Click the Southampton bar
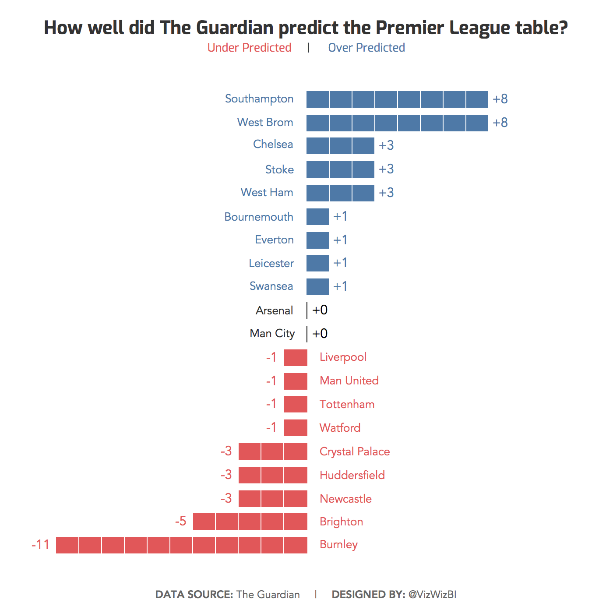pos(397,99)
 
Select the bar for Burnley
pos(182,545)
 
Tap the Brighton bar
pos(250,521)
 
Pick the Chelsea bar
pos(340,146)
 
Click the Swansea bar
pos(317,287)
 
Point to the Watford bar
pos(296,428)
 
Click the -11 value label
pos(40,545)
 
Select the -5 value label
pos(180,521)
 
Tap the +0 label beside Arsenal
pos(320,310)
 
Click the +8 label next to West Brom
pos(500,123)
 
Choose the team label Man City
pos(272,334)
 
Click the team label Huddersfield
pos(352,475)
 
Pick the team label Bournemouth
pos(259,217)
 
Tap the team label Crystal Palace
pos(355,451)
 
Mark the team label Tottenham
pos(347,404)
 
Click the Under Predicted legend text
pos(249,48)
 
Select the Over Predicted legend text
pos(366,48)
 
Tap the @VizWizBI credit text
pos(432,594)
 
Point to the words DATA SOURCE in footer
pos(194,594)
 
